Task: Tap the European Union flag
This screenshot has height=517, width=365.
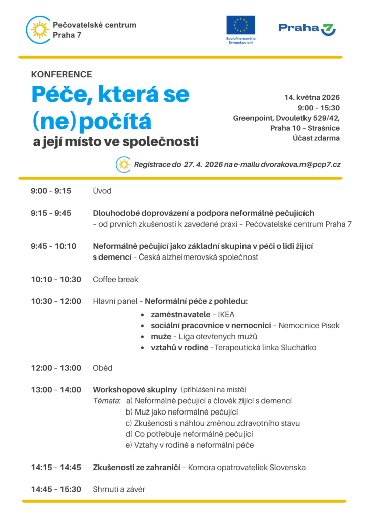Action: point(240,25)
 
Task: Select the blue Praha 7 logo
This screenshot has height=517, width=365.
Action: point(307,28)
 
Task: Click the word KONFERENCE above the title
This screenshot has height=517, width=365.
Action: point(62,74)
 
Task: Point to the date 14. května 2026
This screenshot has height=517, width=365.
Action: point(312,97)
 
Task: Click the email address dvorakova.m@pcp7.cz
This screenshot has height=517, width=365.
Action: point(301,165)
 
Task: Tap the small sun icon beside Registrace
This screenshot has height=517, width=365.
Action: point(123,164)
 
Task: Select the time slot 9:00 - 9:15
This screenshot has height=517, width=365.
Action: point(51,191)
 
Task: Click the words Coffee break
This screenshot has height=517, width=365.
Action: point(115,279)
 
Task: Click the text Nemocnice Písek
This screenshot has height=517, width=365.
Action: point(309,326)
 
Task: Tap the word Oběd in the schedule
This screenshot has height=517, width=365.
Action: point(103,368)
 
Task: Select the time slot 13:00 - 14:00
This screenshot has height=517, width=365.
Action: point(56,390)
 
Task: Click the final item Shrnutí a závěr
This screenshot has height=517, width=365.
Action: point(119,489)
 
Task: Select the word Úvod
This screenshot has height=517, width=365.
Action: point(102,191)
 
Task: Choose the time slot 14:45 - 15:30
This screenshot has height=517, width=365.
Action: point(56,489)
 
